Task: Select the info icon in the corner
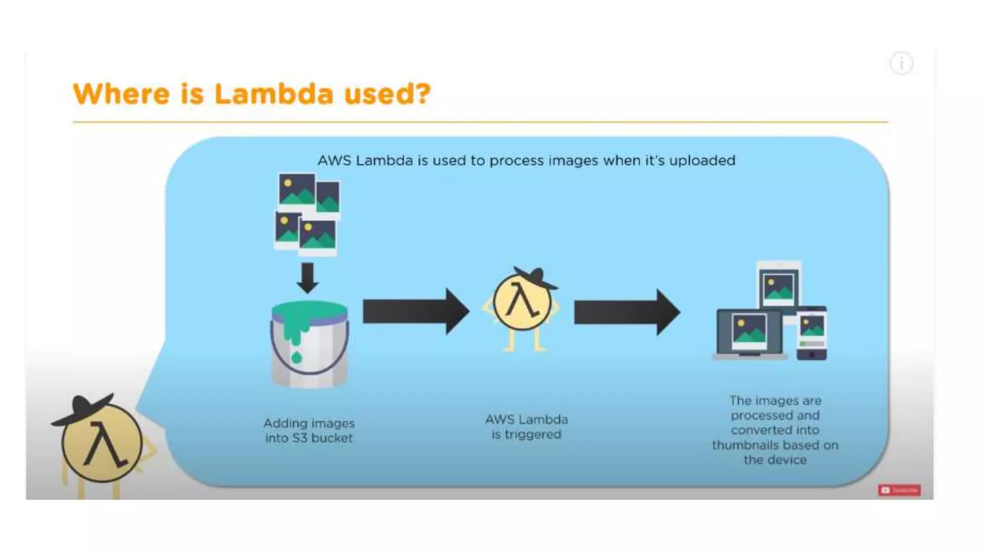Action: point(901,63)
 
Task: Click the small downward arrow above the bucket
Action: point(307,277)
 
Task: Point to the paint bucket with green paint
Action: point(309,343)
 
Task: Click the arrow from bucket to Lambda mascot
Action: point(415,312)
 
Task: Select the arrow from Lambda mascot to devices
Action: point(627,312)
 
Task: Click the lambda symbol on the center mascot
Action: point(522,302)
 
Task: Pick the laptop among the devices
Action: point(749,335)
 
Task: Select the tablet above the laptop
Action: point(778,289)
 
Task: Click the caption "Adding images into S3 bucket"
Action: point(309,430)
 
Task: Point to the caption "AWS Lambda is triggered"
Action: point(526,427)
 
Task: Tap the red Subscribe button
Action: point(899,490)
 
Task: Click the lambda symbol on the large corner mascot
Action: point(105,445)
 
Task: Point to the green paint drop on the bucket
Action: point(296,357)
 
